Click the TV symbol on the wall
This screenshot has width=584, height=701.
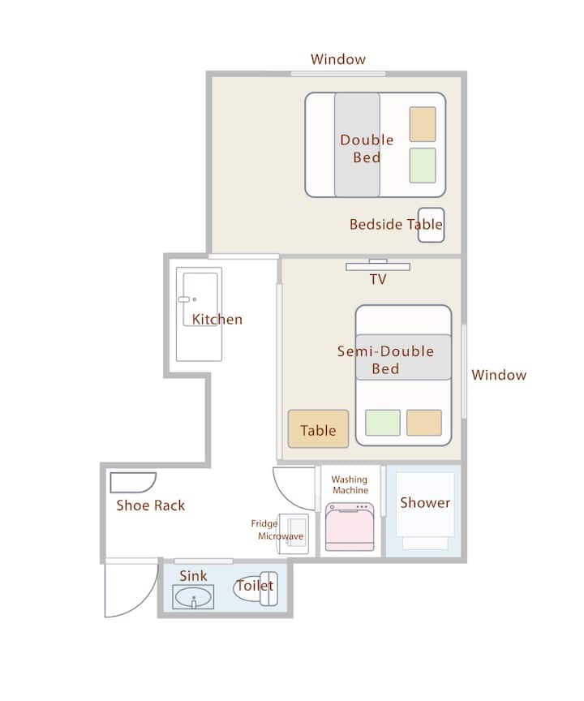coord(377,265)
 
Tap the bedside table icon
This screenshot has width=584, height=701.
coord(432,226)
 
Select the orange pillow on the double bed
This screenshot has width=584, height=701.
coord(423,124)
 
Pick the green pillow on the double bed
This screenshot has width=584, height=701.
coord(423,166)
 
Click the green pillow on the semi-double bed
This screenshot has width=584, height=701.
coord(383,423)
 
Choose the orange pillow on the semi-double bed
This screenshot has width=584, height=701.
coord(424,423)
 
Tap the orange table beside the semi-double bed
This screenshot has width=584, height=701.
coord(318,428)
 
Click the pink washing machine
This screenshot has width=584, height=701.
coord(350,527)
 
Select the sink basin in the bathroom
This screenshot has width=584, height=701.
coord(193,597)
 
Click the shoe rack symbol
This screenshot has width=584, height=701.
coord(133,483)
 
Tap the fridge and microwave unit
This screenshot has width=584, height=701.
coord(294,534)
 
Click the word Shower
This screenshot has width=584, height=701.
coord(425,502)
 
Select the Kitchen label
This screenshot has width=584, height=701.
coord(217,319)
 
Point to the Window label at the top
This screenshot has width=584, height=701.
coord(338,59)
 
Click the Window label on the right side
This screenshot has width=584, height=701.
coord(499,375)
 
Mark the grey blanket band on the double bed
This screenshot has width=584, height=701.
coord(358,144)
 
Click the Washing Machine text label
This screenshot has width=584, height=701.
coord(350,484)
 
